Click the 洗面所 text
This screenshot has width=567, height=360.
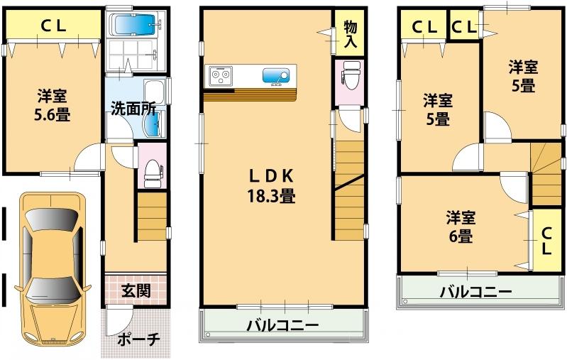tap(133, 109)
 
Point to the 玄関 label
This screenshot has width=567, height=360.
tap(135, 290)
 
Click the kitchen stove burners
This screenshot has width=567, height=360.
tap(220, 74)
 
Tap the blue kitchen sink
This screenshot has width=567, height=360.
tap(275, 75)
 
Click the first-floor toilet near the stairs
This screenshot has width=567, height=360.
tap(150, 169)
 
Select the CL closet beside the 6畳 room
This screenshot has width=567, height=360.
tap(546, 240)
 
